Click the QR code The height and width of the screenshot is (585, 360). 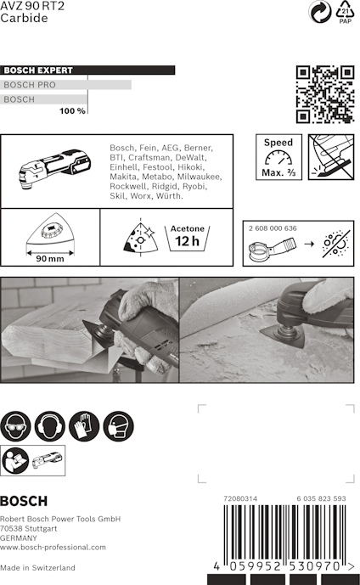pyautogui.click(x=325, y=94)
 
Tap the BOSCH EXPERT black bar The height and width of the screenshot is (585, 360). pyautogui.click(x=87, y=70)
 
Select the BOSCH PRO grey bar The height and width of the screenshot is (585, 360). pyautogui.click(x=65, y=85)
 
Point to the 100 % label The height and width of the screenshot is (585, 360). pyautogui.click(x=72, y=111)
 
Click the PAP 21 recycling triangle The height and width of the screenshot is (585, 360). pyautogui.click(x=345, y=12)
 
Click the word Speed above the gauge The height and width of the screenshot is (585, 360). pyautogui.click(x=278, y=142)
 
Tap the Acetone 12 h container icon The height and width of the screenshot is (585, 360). pyautogui.click(x=188, y=237)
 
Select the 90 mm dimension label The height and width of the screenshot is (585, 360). pyautogui.click(x=50, y=259)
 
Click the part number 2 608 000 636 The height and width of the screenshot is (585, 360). pyautogui.click(x=273, y=228)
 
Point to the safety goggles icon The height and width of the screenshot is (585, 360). pyautogui.click(x=15, y=426)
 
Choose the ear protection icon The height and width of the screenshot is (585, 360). pyautogui.click(x=49, y=426)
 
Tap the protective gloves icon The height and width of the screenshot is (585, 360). pyautogui.click(x=84, y=426)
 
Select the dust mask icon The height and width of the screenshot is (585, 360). pyautogui.click(x=118, y=426)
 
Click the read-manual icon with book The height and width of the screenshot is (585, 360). pyautogui.click(x=15, y=460)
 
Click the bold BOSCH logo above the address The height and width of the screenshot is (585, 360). pyautogui.click(x=24, y=501)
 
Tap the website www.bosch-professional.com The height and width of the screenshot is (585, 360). pyautogui.click(x=53, y=548)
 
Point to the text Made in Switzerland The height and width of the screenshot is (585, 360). pyautogui.click(x=37, y=567)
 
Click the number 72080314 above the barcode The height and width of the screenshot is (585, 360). pyautogui.click(x=240, y=498)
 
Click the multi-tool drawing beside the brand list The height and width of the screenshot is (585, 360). pyautogui.click(x=55, y=169)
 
